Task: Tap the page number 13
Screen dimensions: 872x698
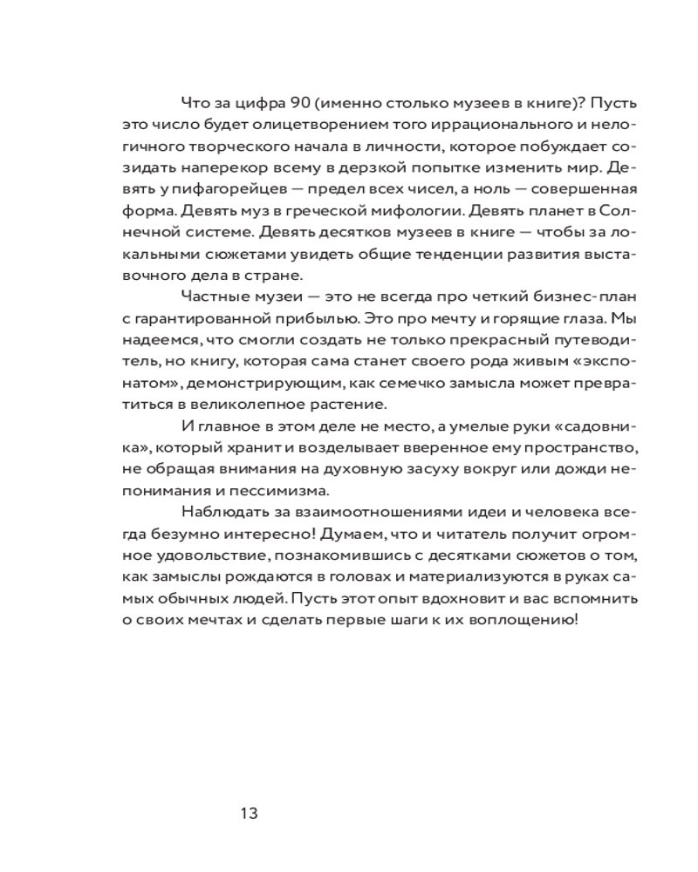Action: (x=248, y=814)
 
